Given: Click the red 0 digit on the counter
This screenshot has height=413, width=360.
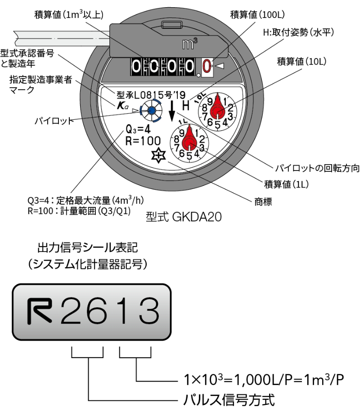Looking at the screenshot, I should pyautogui.click(x=207, y=67).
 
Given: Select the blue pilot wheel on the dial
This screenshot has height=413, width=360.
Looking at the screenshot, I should pyautogui.click(x=150, y=110).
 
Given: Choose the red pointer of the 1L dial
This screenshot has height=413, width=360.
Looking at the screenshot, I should pyautogui.click(x=189, y=137).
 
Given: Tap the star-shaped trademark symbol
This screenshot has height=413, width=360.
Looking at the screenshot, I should pyautogui.click(x=159, y=156).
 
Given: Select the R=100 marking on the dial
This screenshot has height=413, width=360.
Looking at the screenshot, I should pyautogui.click(x=142, y=142).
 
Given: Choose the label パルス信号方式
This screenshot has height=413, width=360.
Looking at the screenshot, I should pyautogui.click(x=228, y=399).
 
